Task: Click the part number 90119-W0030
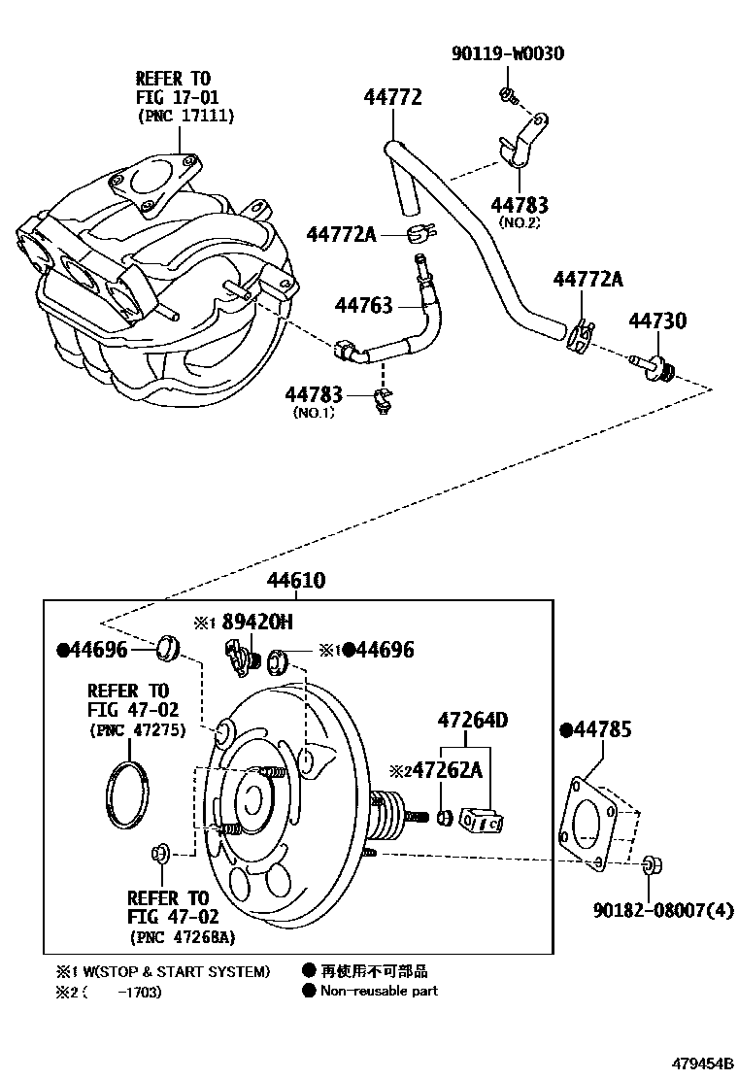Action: tap(507, 53)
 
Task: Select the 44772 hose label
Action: tap(392, 97)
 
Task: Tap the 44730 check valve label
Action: tap(657, 321)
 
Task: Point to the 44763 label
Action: tap(363, 305)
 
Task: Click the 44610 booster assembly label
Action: tap(296, 581)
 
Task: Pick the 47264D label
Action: tap(473, 721)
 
